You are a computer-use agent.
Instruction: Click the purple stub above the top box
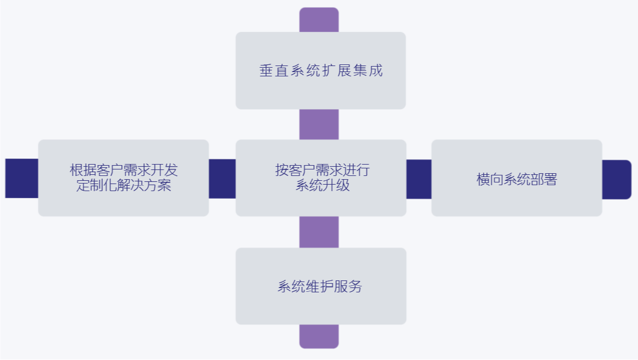pyautogui.click(x=319, y=20)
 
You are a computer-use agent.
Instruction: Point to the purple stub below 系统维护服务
pyautogui.click(x=319, y=336)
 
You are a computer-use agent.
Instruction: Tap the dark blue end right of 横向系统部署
pyautogui.click(x=616, y=179)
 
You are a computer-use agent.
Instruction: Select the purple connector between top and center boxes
pyautogui.click(x=319, y=125)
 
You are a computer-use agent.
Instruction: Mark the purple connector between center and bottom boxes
pyautogui.click(x=319, y=232)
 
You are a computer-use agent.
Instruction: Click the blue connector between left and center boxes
pyautogui.click(x=222, y=179)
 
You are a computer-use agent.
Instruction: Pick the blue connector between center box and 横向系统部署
pyautogui.click(x=419, y=179)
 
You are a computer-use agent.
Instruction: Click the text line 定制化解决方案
pyautogui.click(x=124, y=186)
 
